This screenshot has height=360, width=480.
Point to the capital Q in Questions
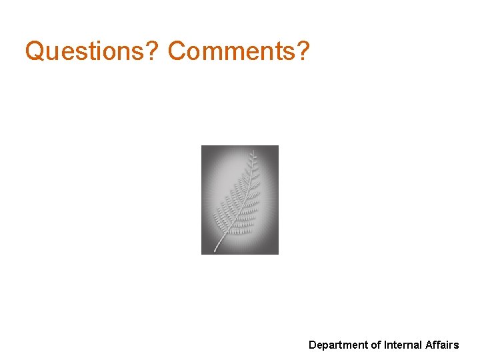34,51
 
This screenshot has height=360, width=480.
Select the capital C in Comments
176,51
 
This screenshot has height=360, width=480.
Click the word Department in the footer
338,345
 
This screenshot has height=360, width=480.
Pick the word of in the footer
376,345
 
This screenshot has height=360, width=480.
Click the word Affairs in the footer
441,345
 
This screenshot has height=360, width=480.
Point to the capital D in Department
312,345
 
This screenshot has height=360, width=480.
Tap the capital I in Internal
385,345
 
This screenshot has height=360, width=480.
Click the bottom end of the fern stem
215,251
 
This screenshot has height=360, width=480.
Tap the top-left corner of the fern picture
202,146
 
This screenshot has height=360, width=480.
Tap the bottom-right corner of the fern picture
278,254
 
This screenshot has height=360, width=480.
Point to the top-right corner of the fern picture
278,146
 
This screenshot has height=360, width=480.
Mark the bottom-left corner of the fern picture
202,254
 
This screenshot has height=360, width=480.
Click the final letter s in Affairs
457,345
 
